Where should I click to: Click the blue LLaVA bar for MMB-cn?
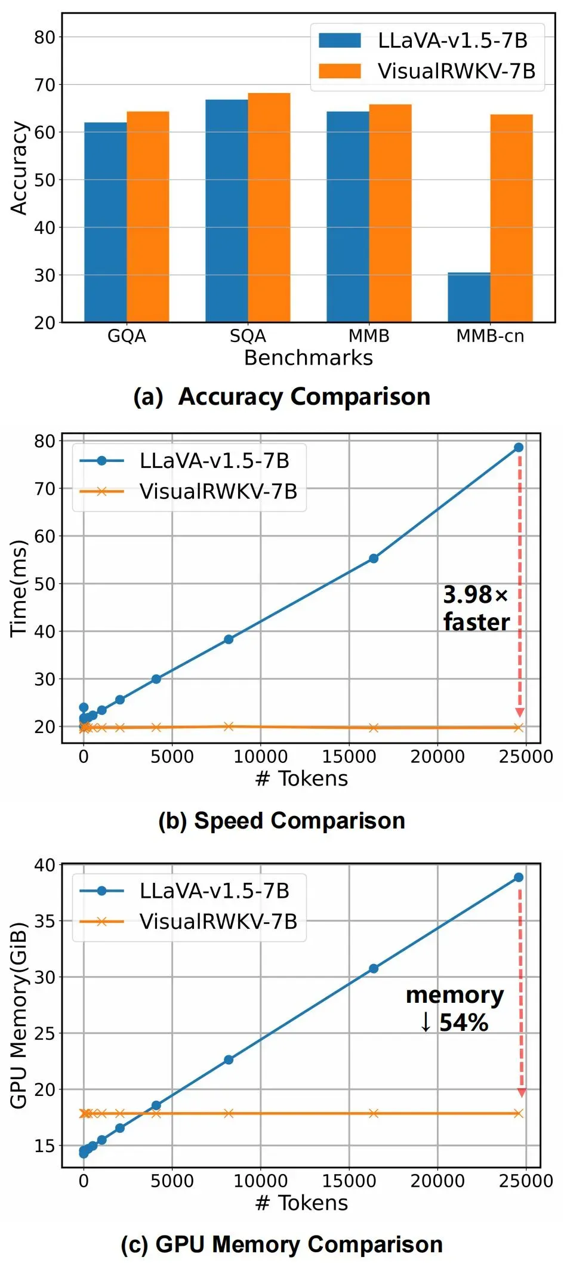[x=469, y=297]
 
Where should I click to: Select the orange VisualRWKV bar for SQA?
[x=269, y=208]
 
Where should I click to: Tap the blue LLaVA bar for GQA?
[x=105, y=222]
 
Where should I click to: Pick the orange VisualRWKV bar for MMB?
[x=390, y=213]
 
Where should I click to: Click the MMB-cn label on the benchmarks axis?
[x=490, y=336]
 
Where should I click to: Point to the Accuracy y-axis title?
[x=19, y=168]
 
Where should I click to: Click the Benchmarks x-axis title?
[x=308, y=358]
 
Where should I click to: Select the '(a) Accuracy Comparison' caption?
[x=282, y=397]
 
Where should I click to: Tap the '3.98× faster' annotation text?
[x=476, y=608]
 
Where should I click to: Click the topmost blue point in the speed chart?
[x=519, y=448]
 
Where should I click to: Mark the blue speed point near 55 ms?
[x=374, y=559]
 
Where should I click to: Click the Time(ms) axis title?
[x=19, y=589]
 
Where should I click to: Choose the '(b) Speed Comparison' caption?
[x=282, y=821]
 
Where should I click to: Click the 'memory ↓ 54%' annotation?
[x=455, y=1009]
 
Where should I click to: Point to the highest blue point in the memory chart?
[x=519, y=877]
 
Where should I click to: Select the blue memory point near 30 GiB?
[x=374, y=969]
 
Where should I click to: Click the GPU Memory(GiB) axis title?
[x=19, y=1015]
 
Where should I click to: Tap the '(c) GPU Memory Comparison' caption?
[x=282, y=1245]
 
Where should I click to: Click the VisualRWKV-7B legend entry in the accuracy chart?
[x=427, y=72]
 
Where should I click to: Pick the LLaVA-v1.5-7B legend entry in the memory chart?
[x=185, y=891]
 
